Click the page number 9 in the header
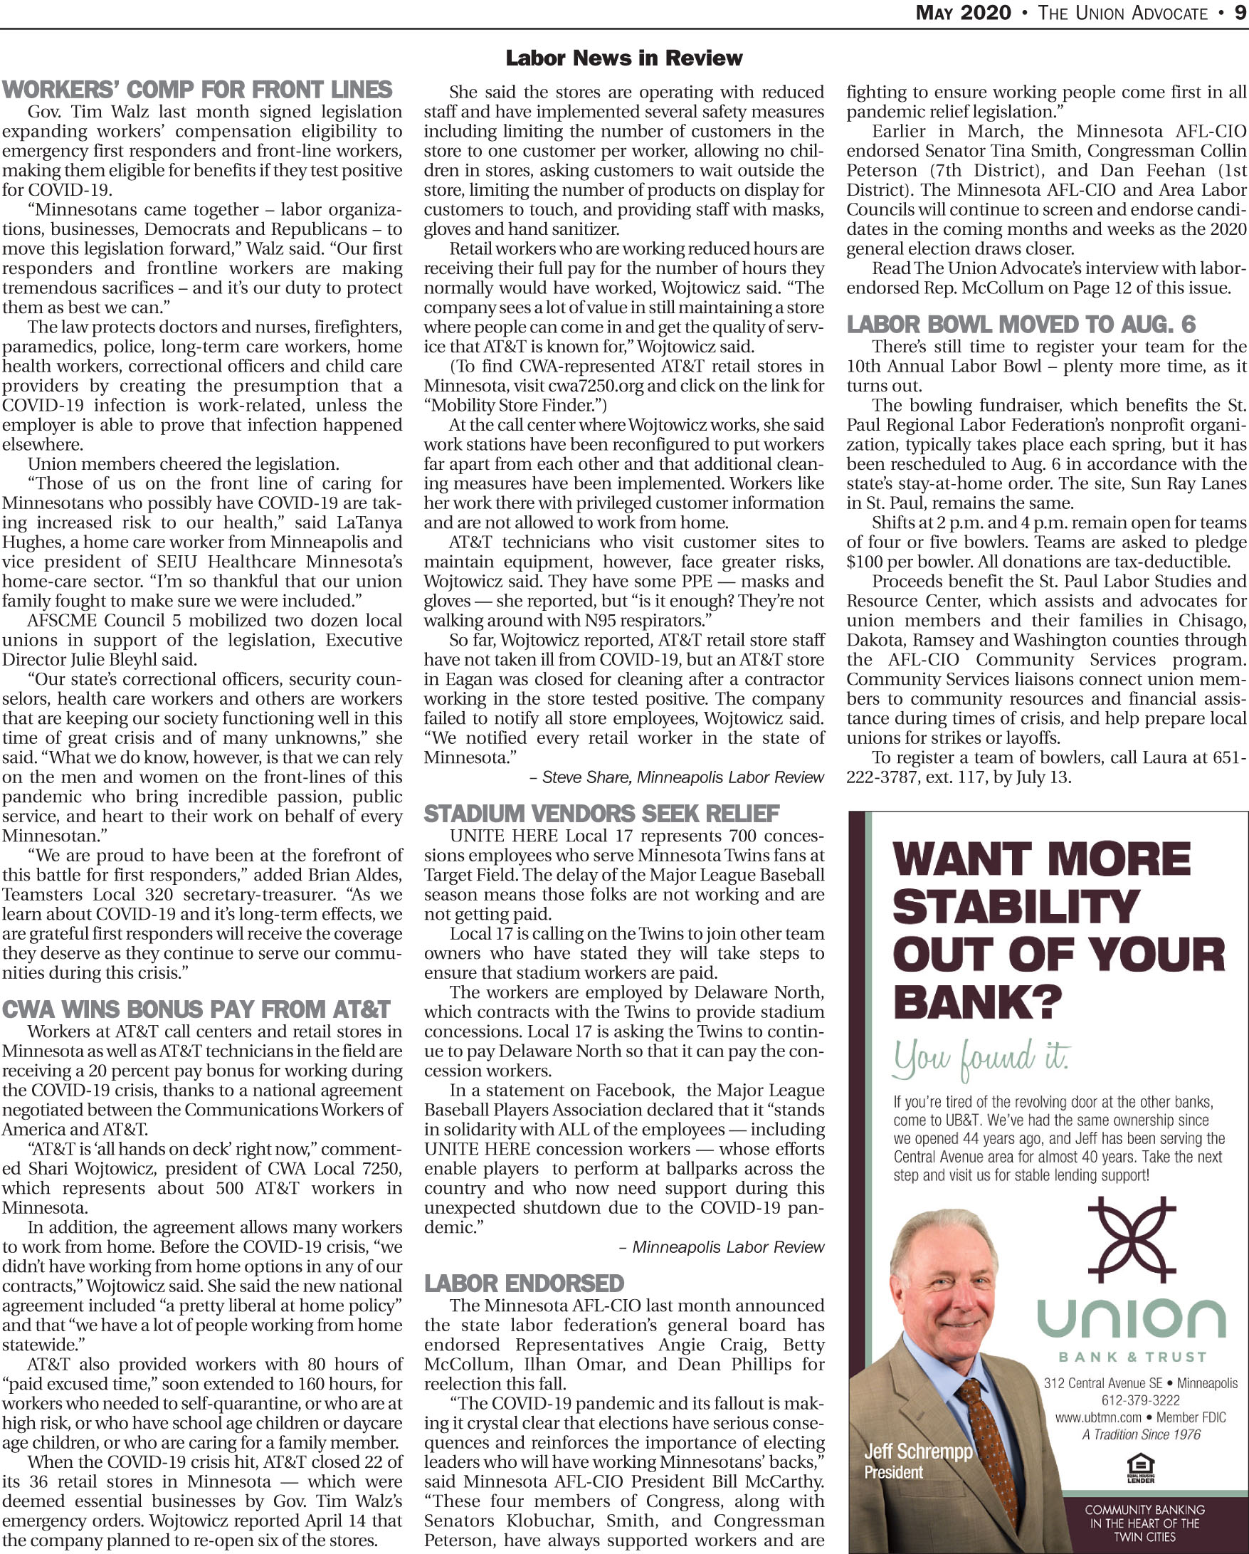click(1240, 13)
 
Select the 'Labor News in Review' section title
click(623, 58)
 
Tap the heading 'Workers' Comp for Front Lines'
click(196, 90)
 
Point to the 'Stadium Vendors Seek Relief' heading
click(601, 814)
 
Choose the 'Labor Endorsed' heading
click(524, 1283)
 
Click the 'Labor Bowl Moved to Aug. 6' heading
click(1021, 325)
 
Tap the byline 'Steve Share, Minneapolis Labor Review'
click(682, 778)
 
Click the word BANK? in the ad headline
click(977, 1001)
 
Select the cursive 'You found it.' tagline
click(981, 1059)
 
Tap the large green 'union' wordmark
click(1131, 1318)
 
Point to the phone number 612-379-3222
click(1140, 1400)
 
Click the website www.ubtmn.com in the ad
click(1098, 1417)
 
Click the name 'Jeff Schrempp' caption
click(918, 1451)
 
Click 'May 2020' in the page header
click(963, 13)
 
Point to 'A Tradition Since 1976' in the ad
click(1141, 1434)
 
